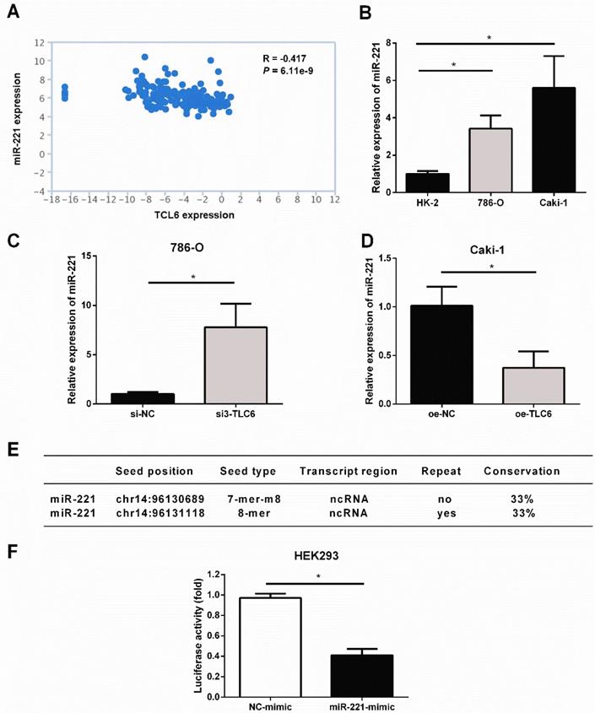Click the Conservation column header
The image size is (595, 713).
coord(522,471)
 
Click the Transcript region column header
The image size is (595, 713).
coord(348,471)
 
